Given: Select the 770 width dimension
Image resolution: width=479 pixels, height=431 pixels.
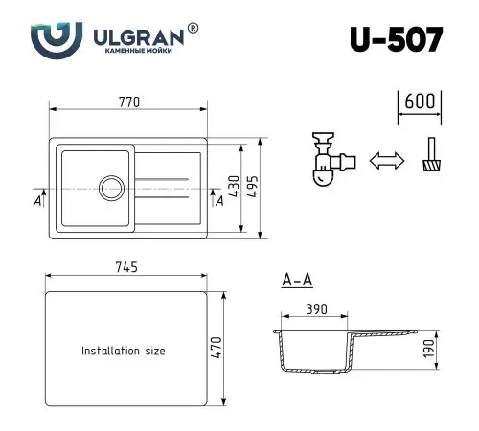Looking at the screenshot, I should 130,100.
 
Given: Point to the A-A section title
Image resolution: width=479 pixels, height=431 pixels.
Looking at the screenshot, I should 295,281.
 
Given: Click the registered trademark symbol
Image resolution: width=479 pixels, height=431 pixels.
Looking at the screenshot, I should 194,29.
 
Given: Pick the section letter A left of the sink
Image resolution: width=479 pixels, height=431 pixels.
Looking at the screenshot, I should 36,199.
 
